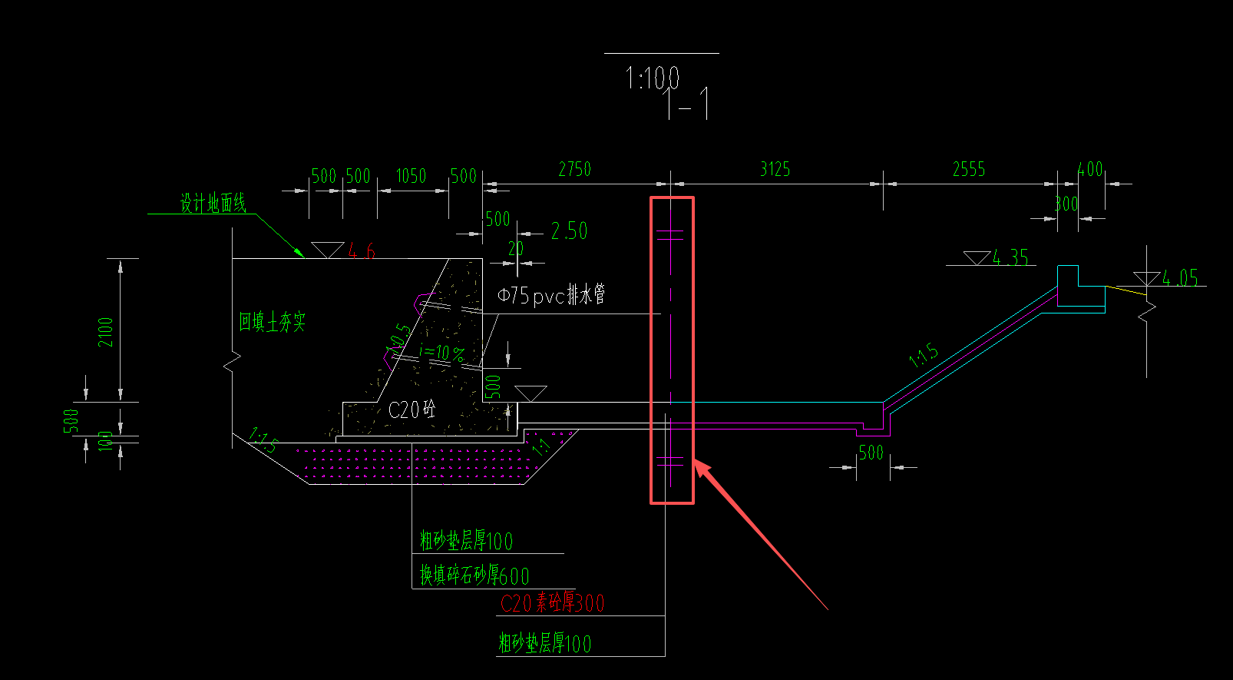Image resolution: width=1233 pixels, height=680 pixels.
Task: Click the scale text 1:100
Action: pyautogui.click(x=652, y=78)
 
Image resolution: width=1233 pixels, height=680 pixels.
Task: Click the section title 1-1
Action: pyautogui.click(x=687, y=104)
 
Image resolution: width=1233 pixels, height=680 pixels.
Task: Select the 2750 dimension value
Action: pyautogui.click(x=574, y=169)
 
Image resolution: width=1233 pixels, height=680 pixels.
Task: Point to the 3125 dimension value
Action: pyautogui.click(x=775, y=169)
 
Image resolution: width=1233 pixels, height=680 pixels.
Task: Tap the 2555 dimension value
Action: pyautogui.click(x=968, y=169)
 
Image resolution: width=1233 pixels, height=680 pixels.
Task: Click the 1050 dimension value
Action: pyautogui.click(x=411, y=176)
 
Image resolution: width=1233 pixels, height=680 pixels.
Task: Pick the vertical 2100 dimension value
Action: pyautogui.click(x=106, y=332)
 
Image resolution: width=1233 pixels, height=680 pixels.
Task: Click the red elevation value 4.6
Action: pyautogui.click(x=361, y=250)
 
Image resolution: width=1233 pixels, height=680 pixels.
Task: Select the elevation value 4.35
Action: pyautogui.click(x=1010, y=257)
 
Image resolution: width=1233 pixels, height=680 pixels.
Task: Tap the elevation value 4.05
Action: pyautogui.click(x=1179, y=277)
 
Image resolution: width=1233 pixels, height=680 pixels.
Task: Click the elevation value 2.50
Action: pyautogui.click(x=569, y=231)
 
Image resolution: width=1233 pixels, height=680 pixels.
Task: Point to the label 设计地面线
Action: pyautogui.click(x=213, y=204)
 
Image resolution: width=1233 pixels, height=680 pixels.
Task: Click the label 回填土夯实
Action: pyautogui.click(x=272, y=322)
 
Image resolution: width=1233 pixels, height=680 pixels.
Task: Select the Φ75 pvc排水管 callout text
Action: pyautogui.click(x=550, y=294)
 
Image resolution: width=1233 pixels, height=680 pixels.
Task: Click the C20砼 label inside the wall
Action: pyautogui.click(x=412, y=410)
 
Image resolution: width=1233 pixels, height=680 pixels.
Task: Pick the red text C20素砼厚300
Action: pyautogui.click(x=552, y=603)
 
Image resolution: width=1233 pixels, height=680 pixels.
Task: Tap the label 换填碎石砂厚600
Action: pyautogui.click(x=474, y=575)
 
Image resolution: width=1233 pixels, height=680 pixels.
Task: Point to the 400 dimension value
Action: pyautogui.click(x=1089, y=169)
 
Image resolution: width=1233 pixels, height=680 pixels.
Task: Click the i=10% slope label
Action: pyautogui.click(x=442, y=353)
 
